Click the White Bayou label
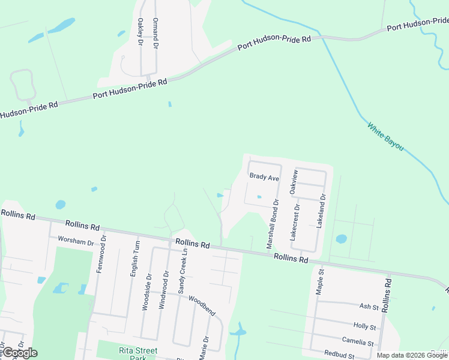tap(385, 137)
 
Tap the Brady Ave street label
tap(265, 178)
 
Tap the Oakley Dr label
tap(140, 32)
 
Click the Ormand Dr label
tap(155, 33)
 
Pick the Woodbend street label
tap(202, 305)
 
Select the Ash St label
tap(369, 307)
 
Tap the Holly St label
tap(365, 327)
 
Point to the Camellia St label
tap(358, 342)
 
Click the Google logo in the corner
tap(19, 353)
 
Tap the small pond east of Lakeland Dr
tap(341, 239)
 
